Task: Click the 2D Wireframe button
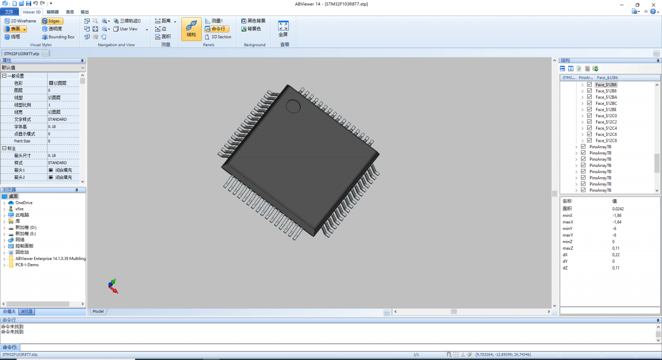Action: pos(20,21)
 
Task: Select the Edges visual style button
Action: pos(52,21)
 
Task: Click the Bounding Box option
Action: pos(58,37)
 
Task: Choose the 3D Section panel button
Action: pos(218,37)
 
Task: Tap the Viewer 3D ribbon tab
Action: pos(31,12)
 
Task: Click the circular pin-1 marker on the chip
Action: pos(293,106)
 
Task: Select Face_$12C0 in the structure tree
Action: pos(606,116)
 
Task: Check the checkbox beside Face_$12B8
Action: pos(589,91)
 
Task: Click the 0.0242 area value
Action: pos(618,209)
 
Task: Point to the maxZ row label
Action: pos(568,248)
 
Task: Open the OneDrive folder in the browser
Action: pos(24,203)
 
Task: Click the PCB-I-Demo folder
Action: pos(27,265)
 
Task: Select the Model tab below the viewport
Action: pos(98,311)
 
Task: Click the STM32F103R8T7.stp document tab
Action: pos(22,54)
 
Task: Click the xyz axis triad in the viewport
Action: pos(113,286)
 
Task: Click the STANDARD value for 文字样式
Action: pos(57,119)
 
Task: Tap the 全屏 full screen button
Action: pos(283,29)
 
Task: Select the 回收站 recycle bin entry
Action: pos(22,252)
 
